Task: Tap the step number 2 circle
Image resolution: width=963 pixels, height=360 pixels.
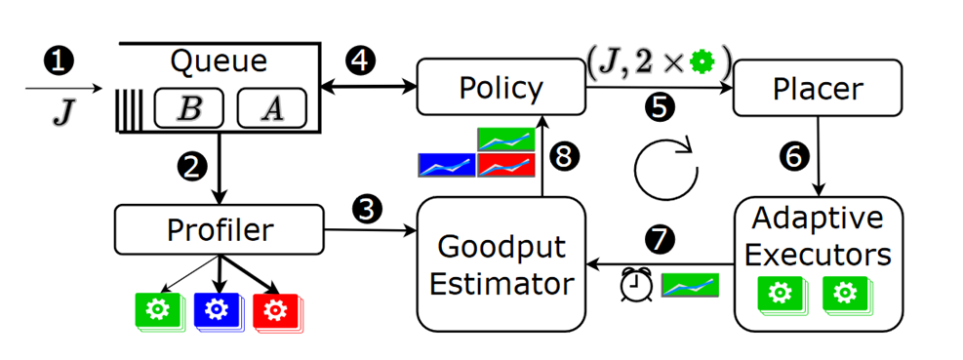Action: [x=195, y=167]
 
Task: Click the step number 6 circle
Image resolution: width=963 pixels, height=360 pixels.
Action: [x=792, y=154]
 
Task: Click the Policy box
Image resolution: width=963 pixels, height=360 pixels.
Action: [x=501, y=88]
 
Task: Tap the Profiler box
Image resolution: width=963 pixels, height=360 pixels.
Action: [x=219, y=230]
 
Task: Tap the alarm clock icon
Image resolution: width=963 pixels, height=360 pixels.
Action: [x=637, y=284]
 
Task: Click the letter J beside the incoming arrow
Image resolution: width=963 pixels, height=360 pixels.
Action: [x=61, y=108]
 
